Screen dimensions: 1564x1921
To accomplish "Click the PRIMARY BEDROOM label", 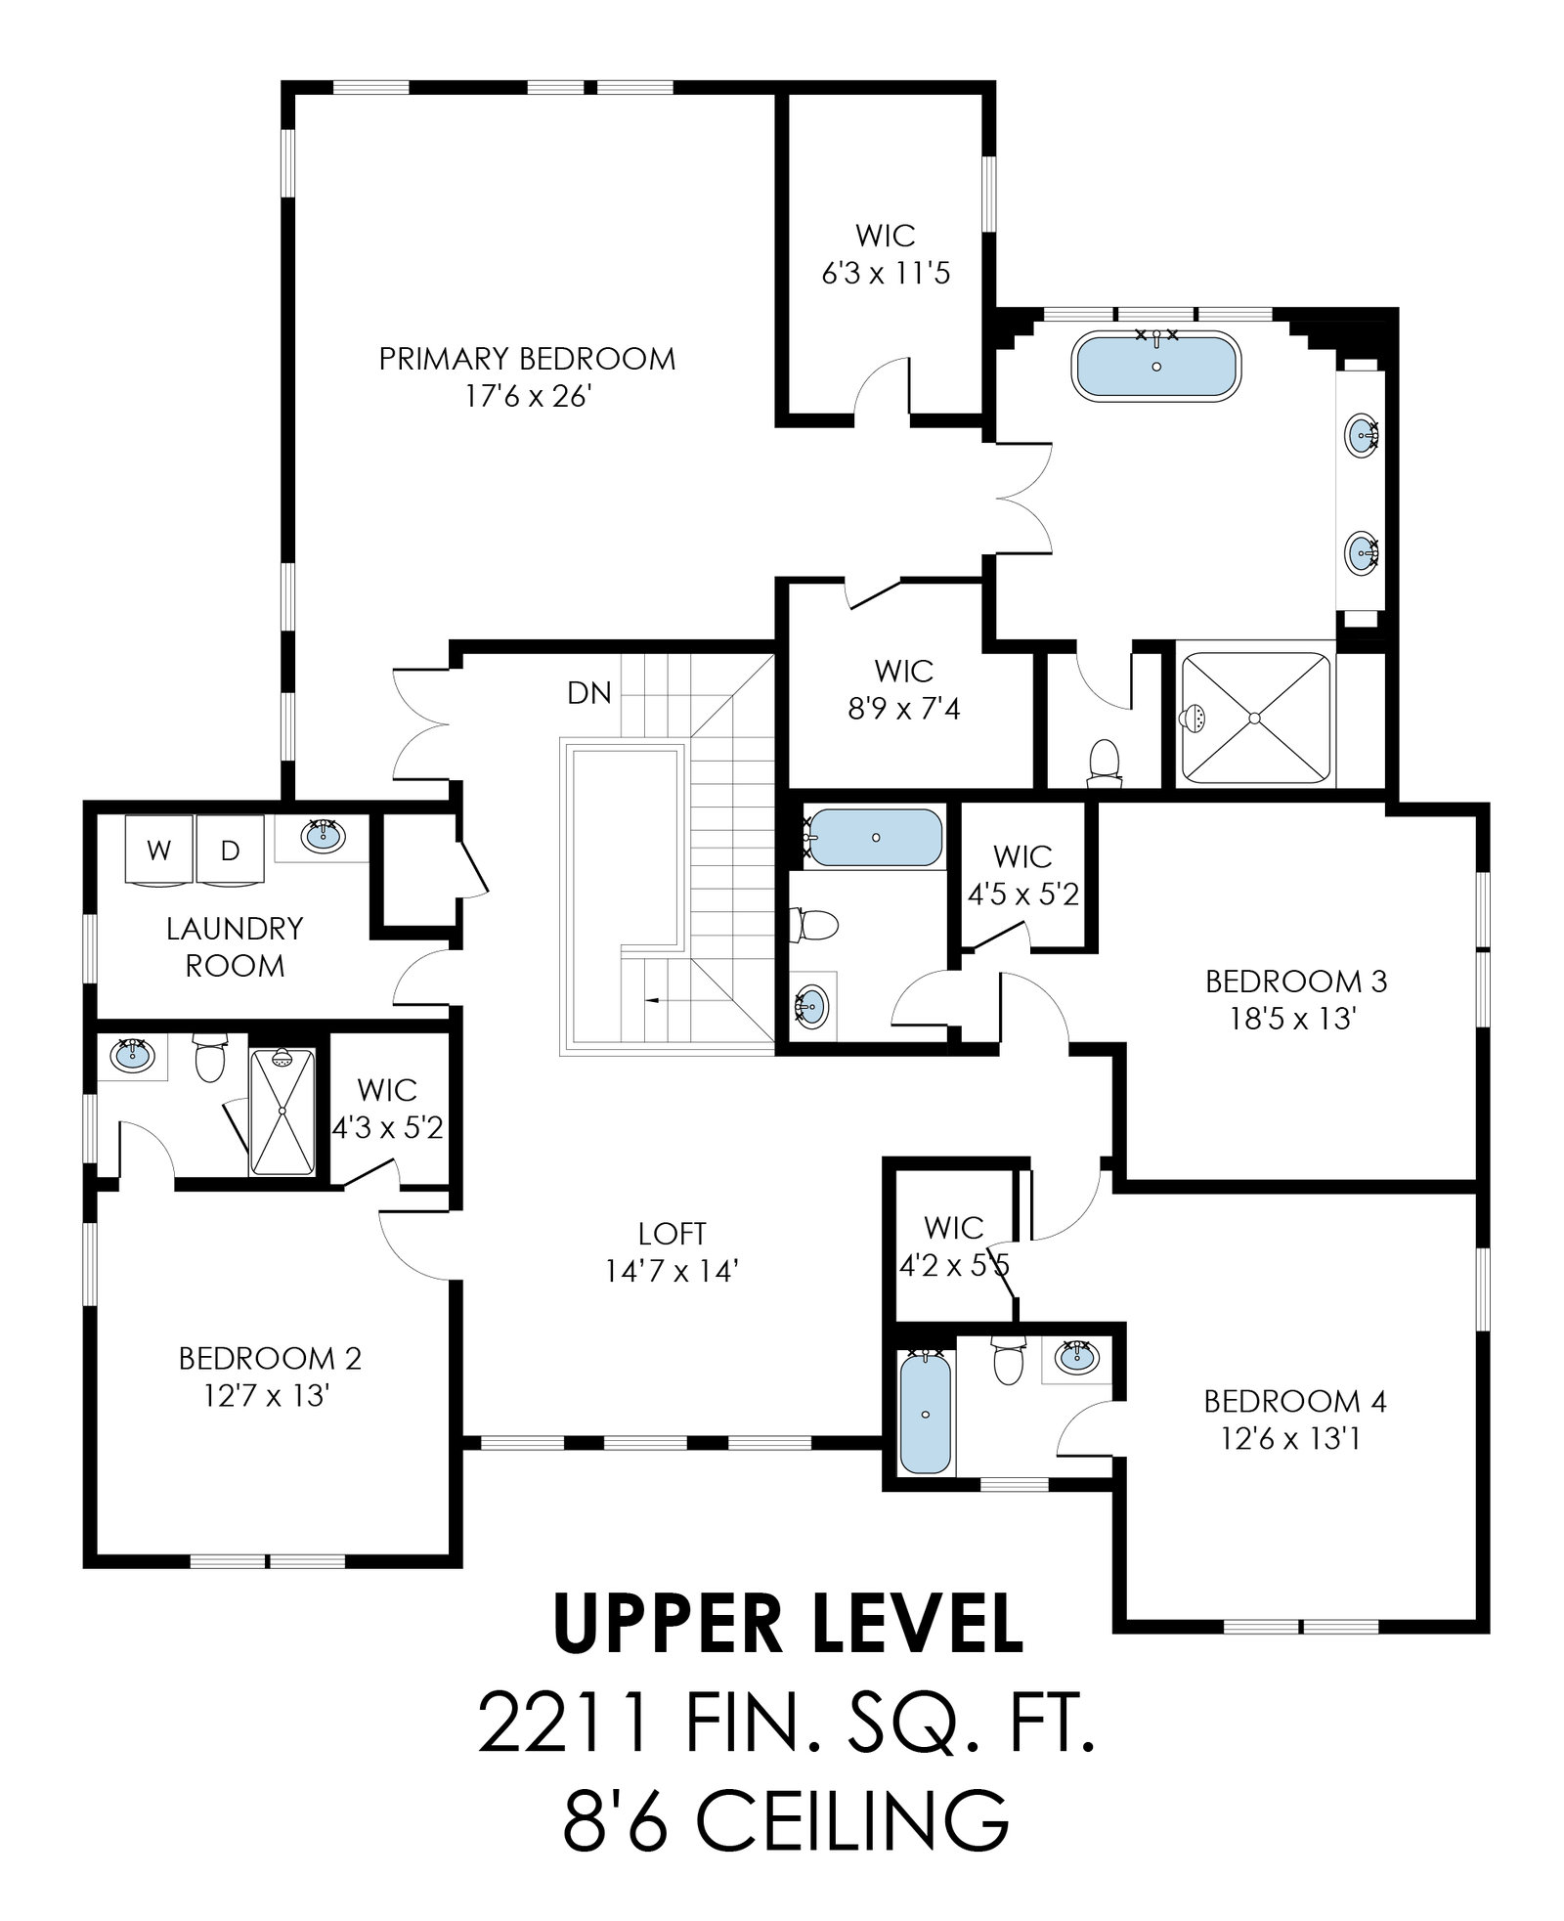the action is coord(527,359).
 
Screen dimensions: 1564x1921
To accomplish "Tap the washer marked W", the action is coord(159,850).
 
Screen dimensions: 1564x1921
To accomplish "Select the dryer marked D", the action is coord(230,850).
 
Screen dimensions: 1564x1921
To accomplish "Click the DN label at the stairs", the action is coord(589,693).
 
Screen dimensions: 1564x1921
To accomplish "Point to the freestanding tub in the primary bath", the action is coord(1156,366).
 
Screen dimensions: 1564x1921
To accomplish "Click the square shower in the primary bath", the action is coord(1256,718).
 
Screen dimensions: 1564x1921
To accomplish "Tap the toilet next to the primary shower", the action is coord(1104,762).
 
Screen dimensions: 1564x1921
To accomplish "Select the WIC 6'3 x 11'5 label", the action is coord(886,254).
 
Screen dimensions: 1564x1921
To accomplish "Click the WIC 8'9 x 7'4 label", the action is coord(904,689).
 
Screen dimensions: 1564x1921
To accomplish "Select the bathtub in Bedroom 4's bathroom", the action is coord(925,1414).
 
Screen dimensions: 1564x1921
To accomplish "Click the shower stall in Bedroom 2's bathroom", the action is coord(283,1111).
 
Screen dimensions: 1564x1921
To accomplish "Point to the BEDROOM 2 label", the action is coord(270,1358).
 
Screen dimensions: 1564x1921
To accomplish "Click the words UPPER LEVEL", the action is coord(788,1620).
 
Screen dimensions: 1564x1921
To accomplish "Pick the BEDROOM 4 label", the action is coord(1295,1402).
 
